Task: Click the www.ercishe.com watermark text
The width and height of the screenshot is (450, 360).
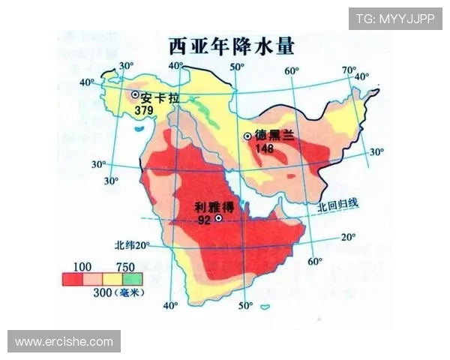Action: (x=64, y=341)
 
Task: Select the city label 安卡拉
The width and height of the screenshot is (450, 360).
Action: (x=158, y=97)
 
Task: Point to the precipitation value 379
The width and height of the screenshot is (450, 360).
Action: (x=144, y=110)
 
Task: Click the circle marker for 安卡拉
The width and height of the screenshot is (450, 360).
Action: (x=136, y=95)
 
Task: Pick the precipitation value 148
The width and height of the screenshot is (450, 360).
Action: (x=265, y=148)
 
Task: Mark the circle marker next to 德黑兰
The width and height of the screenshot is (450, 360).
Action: (x=247, y=136)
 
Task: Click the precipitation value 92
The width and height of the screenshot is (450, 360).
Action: (x=203, y=220)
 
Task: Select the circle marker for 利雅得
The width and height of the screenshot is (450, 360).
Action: (x=218, y=218)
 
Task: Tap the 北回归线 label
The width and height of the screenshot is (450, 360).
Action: (x=338, y=203)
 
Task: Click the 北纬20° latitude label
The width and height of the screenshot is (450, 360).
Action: (x=133, y=245)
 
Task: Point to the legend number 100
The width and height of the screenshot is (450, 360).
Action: (x=82, y=267)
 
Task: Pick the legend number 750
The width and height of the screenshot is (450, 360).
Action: (x=126, y=267)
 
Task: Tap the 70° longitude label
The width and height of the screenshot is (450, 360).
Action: (x=349, y=71)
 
